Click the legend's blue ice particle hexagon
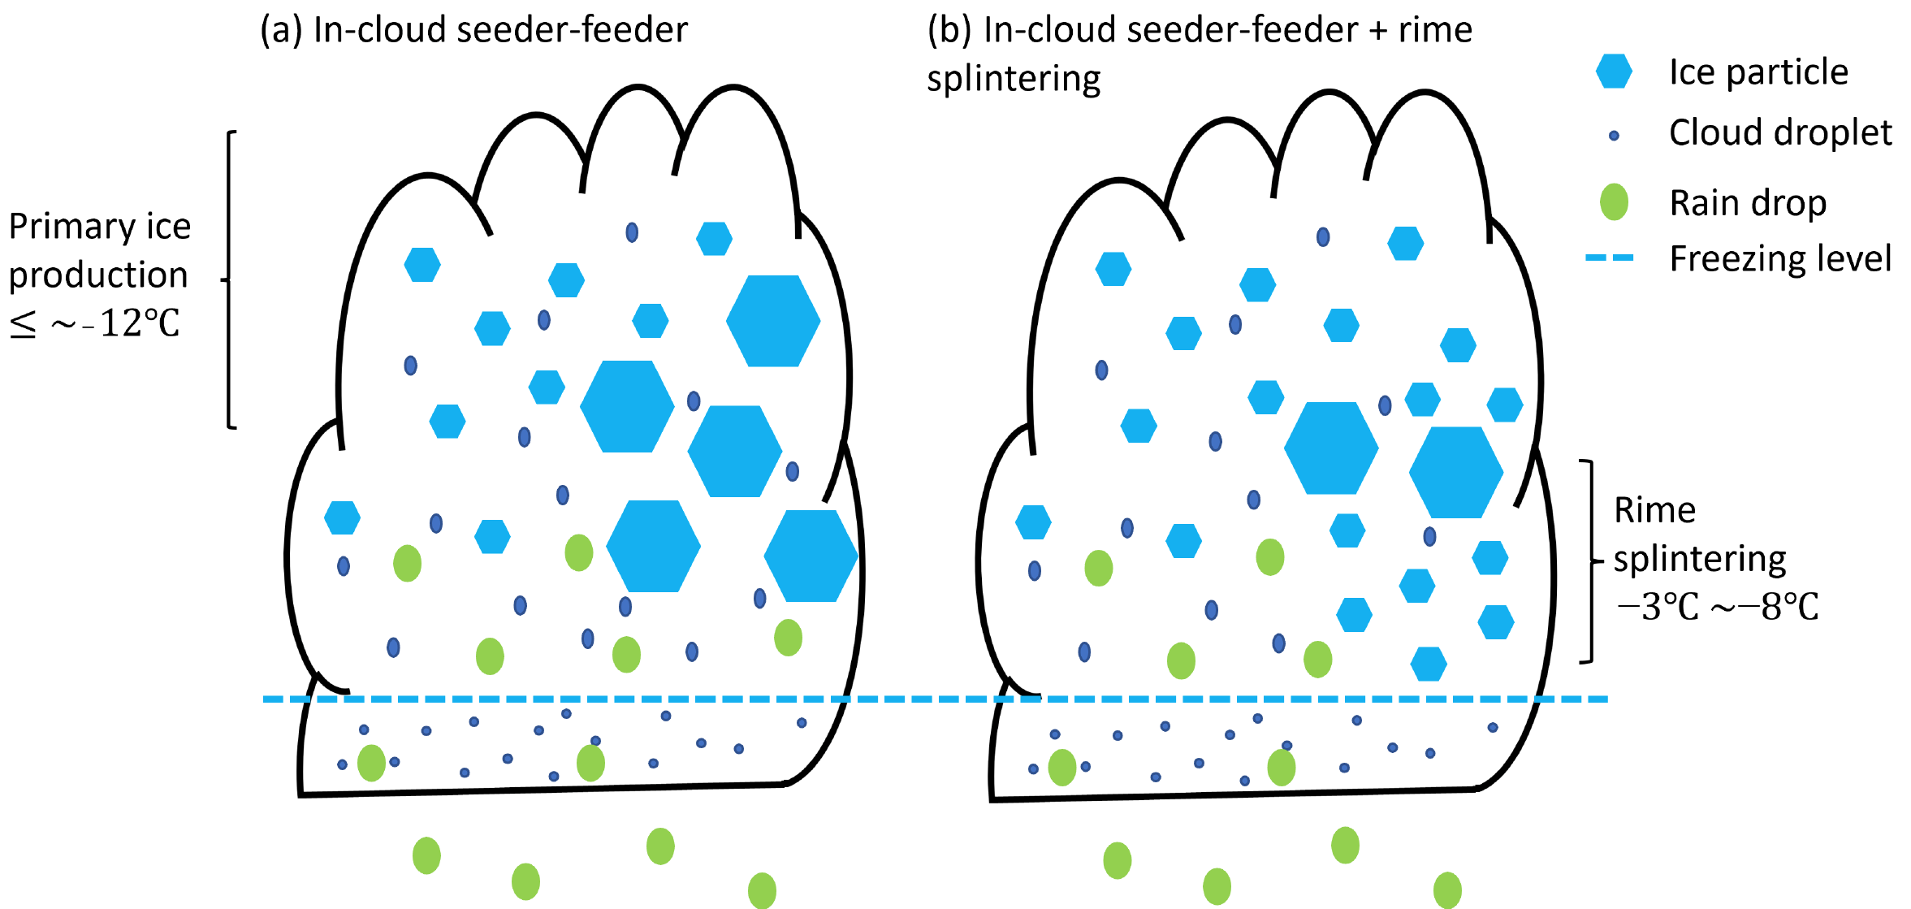[x=1614, y=71]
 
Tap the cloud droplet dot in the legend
[x=1614, y=136]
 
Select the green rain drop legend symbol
[x=1614, y=202]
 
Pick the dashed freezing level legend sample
[x=1609, y=258]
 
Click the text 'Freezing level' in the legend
[x=1780, y=259]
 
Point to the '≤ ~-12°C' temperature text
[x=94, y=323]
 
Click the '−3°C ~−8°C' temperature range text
[x=1717, y=607]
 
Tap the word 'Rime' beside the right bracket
[x=1654, y=511]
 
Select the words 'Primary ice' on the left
[x=99, y=226]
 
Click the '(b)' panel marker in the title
[x=949, y=30]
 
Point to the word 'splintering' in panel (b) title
[x=1014, y=79]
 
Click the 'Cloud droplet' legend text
[x=1780, y=132]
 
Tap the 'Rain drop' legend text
[x=1748, y=202]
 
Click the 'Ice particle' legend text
[x=1758, y=71]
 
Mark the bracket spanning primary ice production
[x=229, y=279]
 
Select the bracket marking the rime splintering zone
[x=1590, y=561]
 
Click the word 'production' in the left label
[x=98, y=275]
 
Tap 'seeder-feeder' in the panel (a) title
[x=573, y=30]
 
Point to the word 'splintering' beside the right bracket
[x=1699, y=559]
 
